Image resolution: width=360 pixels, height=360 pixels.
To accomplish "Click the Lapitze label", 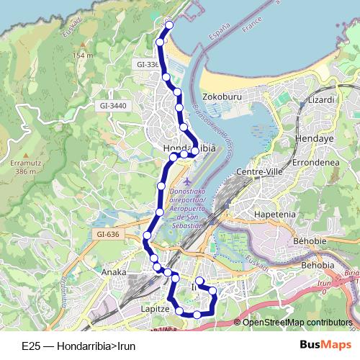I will (155, 307).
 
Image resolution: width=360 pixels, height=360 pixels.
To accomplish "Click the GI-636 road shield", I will (107, 234).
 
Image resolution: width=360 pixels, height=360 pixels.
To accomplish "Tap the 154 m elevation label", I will (83, 55).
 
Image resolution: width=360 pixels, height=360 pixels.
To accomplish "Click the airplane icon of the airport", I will (189, 181).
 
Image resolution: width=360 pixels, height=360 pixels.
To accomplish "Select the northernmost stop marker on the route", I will (170, 26).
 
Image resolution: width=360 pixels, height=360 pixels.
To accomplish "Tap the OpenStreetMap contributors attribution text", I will (297, 322).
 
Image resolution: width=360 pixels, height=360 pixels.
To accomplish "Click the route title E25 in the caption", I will (31, 346).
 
